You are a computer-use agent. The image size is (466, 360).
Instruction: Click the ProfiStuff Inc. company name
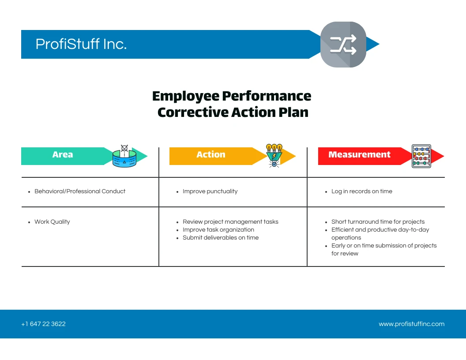point(81,44)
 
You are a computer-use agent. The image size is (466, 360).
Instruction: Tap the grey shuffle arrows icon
point(343,45)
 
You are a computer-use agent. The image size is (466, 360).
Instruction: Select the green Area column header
point(63,155)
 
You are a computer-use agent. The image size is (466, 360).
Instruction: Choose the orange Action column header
point(211,155)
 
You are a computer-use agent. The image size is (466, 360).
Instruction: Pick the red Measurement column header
point(359,155)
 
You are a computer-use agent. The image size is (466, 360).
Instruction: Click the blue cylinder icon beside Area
point(124,157)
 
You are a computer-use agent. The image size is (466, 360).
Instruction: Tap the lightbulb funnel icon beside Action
point(274,155)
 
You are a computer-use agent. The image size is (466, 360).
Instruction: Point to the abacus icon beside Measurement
point(421,156)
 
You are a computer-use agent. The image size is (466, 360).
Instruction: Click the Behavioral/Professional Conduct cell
point(80,191)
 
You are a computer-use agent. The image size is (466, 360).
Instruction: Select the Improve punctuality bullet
point(210,191)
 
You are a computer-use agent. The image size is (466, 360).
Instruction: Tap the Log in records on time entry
point(361,191)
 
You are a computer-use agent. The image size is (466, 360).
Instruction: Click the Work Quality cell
point(52,222)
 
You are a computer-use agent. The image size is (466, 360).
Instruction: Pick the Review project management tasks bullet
point(230,222)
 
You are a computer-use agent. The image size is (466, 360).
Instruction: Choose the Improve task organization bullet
point(218,230)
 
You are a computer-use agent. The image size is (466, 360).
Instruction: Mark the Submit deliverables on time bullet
point(221,238)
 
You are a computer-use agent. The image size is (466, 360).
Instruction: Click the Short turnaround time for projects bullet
point(378,222)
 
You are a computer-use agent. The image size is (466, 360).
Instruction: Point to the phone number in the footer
point(43,324)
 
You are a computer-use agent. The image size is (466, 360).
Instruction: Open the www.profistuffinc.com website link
point(411,324)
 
